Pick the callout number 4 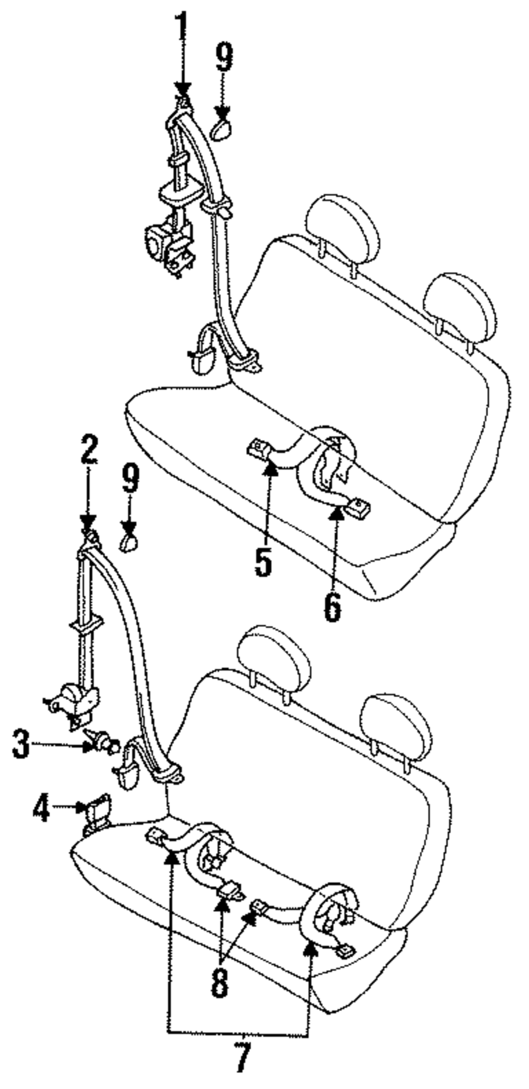(x=41, y=807)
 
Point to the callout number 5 (x=263, y=561)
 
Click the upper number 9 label (x=224, y=57)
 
